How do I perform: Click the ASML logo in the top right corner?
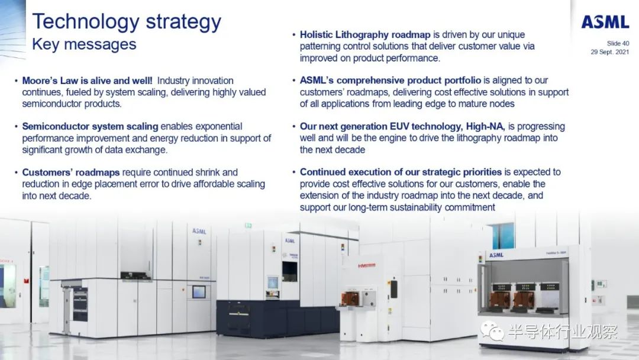pyautogui.click(x=605, y=22)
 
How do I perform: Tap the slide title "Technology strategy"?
pyautogui.click(x=127, y=21)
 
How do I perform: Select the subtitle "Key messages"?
pyautogui.click(x=85, y=44)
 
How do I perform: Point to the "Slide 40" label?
pyautogui.click(x=618, y=43)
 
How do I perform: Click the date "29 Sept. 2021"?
pyautogui.click(x=609, y=52)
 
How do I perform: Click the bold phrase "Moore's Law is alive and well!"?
pyautogui.click(x=87, y=81)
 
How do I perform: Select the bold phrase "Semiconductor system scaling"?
pyautogui.click(x=90, y=126)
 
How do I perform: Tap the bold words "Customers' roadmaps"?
pyautogui.click(x=71, y=172)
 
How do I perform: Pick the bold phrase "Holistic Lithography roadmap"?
pyautogui.click(x=365, y=35)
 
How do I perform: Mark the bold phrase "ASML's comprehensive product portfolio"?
pyautogui.click(x=390, y=81)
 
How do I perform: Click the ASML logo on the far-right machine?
pyautogui.click(x=496, y=255)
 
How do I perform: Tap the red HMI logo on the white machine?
pyautogui.click(x=367, y=266)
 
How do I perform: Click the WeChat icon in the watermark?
pyautogui.click(x=492, y=330)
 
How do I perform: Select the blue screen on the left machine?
pyautogui.click(x=199, y=291)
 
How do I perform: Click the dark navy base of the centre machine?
pyautogui.click(x=277, y=318)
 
